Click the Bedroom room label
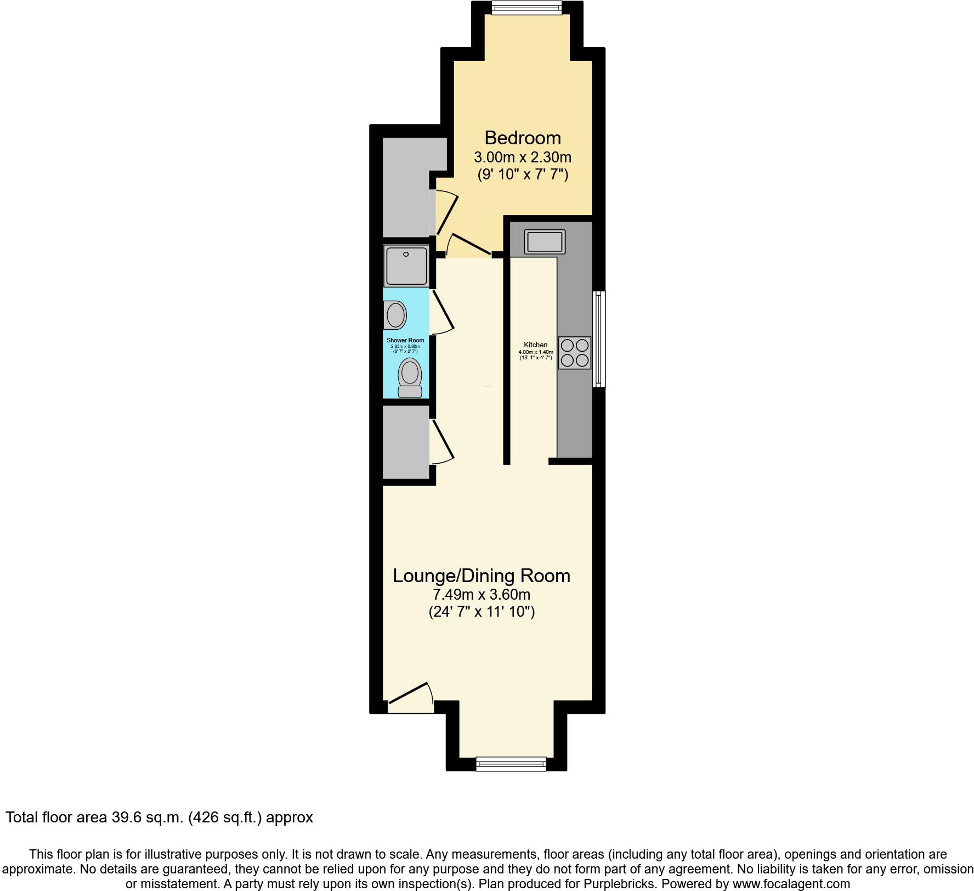pos(522,137)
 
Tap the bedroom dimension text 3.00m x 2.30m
pos(522,157)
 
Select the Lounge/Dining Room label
pos(482,576)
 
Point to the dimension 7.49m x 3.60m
pos(482,594)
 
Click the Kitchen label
pos(535,345)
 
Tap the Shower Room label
pos(405,340)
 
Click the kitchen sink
pos(544,241)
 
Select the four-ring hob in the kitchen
pos(575,353)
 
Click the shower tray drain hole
pos(406,255)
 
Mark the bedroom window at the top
pos(526,7)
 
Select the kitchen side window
pos(599,339)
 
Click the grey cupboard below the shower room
pos(405,442)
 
